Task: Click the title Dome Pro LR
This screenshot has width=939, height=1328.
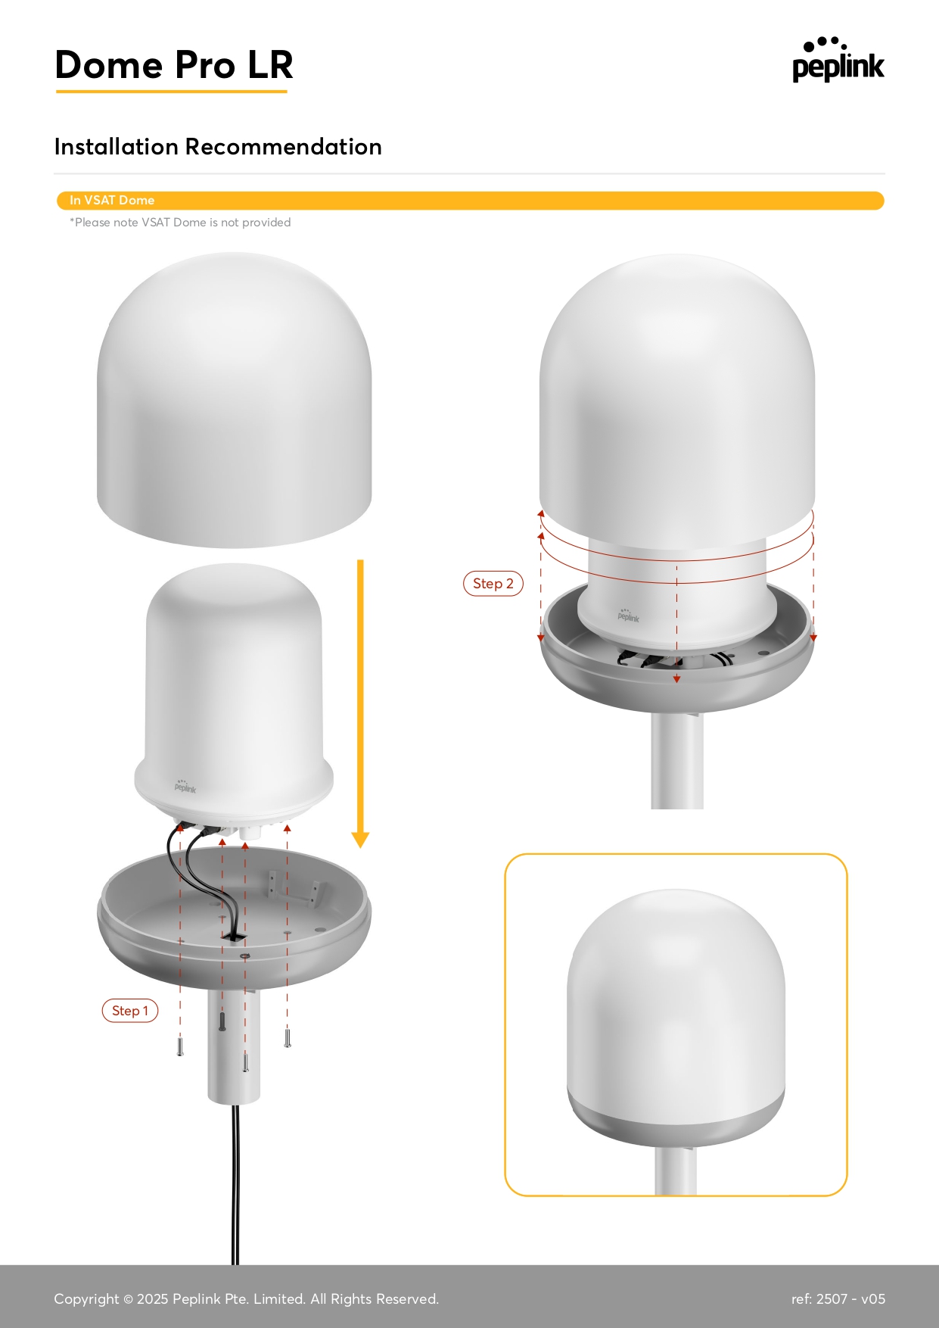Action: point(174,64)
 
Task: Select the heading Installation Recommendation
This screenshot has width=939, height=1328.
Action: point(218,146)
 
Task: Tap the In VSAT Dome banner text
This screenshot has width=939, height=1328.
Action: point(112,200)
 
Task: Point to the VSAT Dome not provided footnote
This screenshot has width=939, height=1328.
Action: point(180,222)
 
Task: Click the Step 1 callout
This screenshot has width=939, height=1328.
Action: point(130,1011)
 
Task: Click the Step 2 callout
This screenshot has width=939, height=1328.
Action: point(493,584)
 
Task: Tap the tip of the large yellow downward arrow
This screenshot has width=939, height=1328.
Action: point(360,847)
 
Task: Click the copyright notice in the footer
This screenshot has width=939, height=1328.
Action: point(246,1298)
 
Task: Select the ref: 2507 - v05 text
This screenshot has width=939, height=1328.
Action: point(838,1298)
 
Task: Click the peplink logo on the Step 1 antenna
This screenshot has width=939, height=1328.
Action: point(185,787)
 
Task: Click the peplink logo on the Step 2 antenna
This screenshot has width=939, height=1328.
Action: point(628,616)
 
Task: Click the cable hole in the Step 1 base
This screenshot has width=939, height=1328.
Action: point(235,937)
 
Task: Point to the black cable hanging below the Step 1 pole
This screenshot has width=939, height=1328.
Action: point(235,1185)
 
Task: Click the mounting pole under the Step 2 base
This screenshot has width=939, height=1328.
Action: point(677,761)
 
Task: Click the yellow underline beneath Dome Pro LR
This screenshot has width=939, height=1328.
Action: point(172,92)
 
